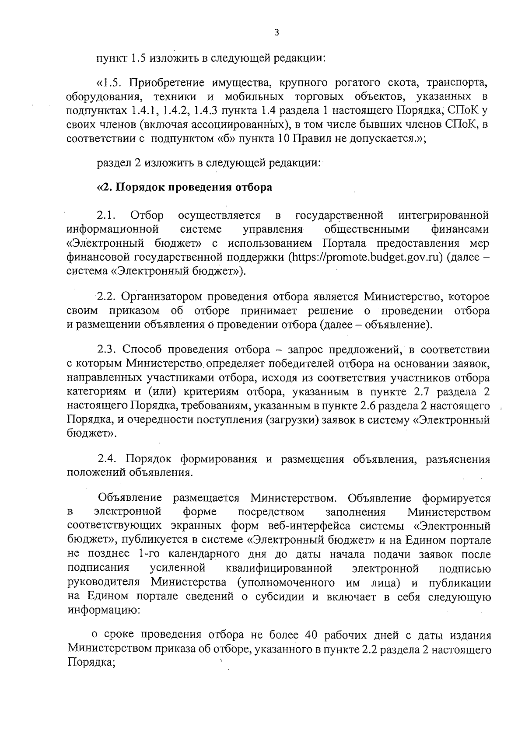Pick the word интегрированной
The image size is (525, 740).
[444, 216]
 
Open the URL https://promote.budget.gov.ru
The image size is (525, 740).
[366, 257]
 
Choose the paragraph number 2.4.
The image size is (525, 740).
[107, 459]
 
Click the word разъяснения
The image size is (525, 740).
[458, 459]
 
